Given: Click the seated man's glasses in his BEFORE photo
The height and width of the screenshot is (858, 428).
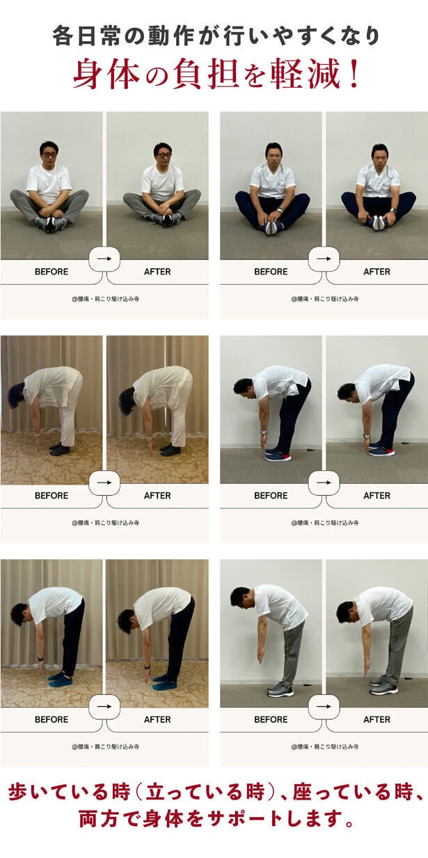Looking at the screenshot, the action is tap(49, 155).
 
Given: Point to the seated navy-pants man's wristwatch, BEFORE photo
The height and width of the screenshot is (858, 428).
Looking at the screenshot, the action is tap(280, 210).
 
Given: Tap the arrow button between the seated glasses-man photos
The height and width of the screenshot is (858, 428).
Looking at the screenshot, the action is tap(104, 258).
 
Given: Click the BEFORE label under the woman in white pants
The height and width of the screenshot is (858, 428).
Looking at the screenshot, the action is tap(51, 495).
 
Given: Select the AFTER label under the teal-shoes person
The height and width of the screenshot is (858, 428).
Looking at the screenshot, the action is tap(157, 719).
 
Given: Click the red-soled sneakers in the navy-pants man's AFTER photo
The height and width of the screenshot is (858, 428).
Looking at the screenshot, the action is tap(381, 450).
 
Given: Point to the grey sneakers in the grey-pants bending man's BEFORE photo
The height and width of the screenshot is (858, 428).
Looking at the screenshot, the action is tap(280, 690).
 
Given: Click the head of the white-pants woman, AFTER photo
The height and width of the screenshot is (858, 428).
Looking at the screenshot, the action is tap(127, 401).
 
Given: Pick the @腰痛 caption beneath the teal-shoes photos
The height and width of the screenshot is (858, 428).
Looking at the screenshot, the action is tap(105, 747).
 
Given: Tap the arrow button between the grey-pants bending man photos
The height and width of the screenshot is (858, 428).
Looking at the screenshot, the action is tap(324, 706).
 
